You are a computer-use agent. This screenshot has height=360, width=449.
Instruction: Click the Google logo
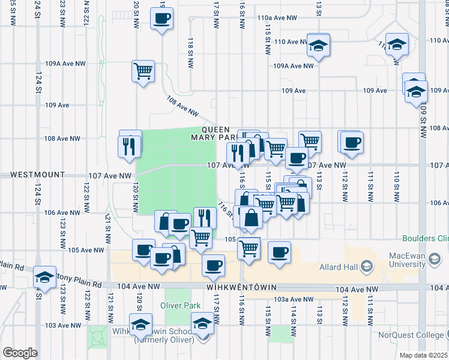pos(19,352)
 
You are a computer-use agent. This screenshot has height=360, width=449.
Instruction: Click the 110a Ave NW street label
pos(278,19)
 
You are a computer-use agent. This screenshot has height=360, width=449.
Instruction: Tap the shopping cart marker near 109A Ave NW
pos(143,71)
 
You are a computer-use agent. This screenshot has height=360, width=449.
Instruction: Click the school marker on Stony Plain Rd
pos(44,277)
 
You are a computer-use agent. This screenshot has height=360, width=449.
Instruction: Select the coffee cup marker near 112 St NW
pos(352,142)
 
